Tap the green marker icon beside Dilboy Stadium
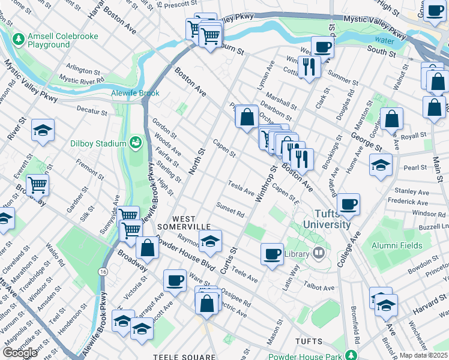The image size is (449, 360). (x=136, y=143)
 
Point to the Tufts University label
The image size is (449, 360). (x=331, y=219)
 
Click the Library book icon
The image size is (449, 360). (x=319, y=253)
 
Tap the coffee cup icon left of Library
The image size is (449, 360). (x=272, y=253)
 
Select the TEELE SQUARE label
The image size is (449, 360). (x=184, y=356)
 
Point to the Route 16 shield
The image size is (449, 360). (x=104, y=272)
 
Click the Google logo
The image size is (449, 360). (x=20, y=353)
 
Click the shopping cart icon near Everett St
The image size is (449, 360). (x=37, y=185)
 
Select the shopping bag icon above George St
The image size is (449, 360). (x=391, y=119)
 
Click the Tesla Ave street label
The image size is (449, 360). (x=241, y=188)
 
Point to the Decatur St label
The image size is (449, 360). (x=92, y=112)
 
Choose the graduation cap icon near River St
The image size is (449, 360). (x=43, y=131)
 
